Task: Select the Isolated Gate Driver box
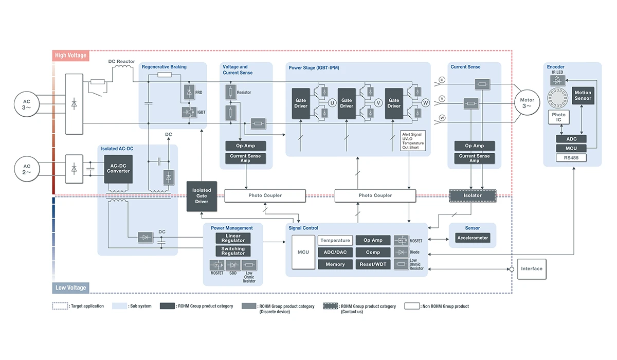click(202, 196)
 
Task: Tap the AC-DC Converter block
click(118, 168)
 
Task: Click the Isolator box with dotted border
click(473, 195)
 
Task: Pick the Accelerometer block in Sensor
click(473, 238)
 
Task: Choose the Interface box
click(532, 269)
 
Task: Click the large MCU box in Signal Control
click(303, 252)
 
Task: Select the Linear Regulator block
click(233, 238)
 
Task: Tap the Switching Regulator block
click(233, 251)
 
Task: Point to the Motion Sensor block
click(583, 96)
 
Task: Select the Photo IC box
click(559, 118)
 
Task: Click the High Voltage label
click(71, 55)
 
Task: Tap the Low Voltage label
click(70, 287)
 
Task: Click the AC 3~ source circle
click(27, 102)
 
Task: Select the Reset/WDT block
click(373, 264)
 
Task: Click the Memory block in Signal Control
click(335, 264)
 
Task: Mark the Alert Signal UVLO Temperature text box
click(413, 140)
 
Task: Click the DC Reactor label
click(121, 62)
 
